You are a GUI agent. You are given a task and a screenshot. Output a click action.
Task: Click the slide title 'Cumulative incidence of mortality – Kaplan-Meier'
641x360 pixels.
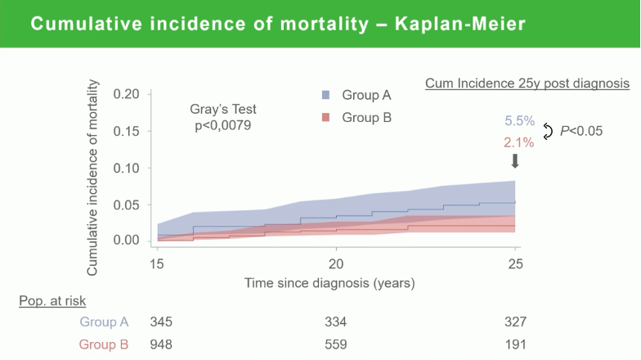pyautogui.click(x=278, y=24)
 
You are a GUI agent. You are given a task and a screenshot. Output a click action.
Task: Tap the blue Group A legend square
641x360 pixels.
pyautogui.click(x=325, y=95)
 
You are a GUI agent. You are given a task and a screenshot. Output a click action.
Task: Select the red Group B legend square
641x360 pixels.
pyautogui.click(x=325, y=118)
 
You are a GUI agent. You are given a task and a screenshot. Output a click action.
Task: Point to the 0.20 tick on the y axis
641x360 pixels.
pyautogui.click(x=150, y=94)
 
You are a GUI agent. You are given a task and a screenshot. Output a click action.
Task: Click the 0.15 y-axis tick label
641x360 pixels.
pyautogui.click(x=126, y=131)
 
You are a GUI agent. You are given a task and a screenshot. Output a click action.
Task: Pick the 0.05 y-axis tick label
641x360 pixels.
pyautogui.click(x=126, y=205)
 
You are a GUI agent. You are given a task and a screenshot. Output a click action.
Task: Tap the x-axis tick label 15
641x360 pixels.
pyautogui.click(x=157, y=264)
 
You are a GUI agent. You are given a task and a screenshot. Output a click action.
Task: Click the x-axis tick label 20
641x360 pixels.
pyautogui.click(x=336, y=264)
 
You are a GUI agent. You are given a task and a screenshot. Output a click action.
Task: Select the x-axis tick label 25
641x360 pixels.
pyautogui.click(x=515, y=264)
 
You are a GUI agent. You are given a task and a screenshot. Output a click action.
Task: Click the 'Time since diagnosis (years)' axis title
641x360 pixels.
pyautogui.click(x=329, y=283)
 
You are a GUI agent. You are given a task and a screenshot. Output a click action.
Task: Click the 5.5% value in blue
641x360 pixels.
pyautogui.click(x=520, y=121)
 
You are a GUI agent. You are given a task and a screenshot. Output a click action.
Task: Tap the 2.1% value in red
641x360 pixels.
pyautogui.click(x=518, y=142)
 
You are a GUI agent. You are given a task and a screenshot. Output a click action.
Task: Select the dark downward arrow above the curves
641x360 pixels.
pyautogui.click(x=515, y=161)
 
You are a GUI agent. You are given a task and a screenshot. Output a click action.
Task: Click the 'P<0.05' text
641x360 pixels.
pyautogui.click(x=581, y=131)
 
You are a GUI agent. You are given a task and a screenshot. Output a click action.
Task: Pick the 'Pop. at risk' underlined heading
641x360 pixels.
pyautogui.click(x=52, y=301)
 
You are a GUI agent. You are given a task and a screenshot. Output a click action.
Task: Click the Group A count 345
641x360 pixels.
pyautogui.click(x=161, y=322)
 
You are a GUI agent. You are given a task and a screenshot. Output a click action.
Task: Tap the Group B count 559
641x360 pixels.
pyautogui.click(x=336, y=344)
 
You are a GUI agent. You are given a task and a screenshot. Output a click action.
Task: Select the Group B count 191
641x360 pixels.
pyautogui.click(x=515, y=344)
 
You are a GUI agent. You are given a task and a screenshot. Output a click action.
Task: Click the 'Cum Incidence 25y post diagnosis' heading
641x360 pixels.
pyautogui.click(x=527, y=83)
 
